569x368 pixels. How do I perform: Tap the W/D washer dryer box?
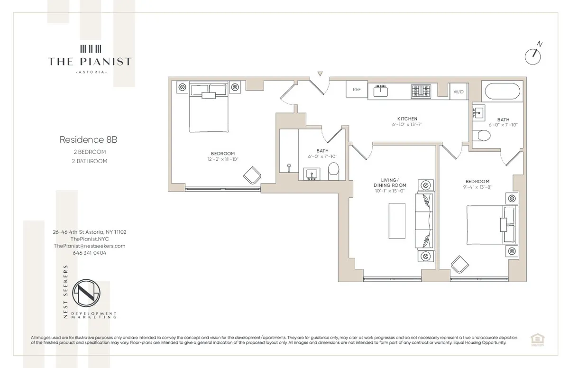click(459, 92)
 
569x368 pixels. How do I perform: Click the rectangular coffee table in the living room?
click(397, 219)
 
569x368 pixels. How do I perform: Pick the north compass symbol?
click(534, 55)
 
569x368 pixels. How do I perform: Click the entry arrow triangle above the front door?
click(320, 74)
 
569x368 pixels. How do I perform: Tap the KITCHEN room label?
click(407, 119)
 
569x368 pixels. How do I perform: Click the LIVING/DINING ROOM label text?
click(390, 182)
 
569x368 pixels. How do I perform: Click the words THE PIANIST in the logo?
click(90, 61)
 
